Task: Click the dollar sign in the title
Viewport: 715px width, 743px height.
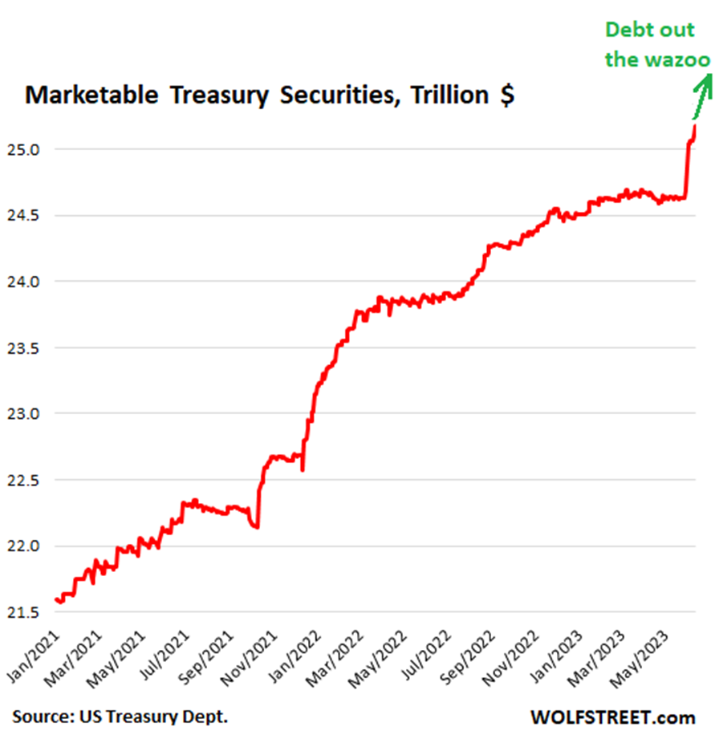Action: pos(506,95)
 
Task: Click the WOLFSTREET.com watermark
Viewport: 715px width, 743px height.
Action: pos(612,717)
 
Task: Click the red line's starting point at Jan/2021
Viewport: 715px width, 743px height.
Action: pos(55,599)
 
